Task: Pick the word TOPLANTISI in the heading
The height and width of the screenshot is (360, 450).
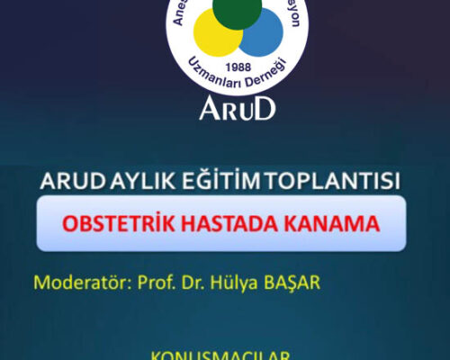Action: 325,180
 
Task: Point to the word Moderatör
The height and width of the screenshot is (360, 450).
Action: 82,283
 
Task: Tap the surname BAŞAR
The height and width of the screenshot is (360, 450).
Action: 291,283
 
